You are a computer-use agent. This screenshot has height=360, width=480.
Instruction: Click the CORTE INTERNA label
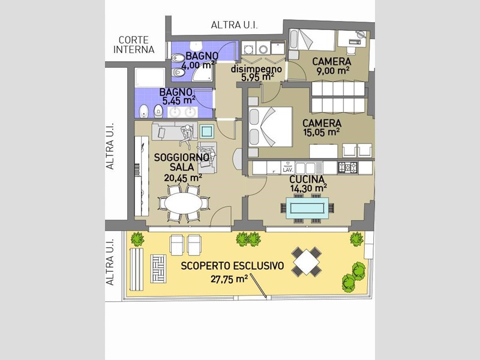(136, 45)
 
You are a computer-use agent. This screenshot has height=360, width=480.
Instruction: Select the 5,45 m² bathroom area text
(176, 101)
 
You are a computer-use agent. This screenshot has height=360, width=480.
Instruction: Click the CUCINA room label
(307, 179)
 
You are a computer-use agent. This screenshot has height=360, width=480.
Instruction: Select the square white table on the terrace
(307, 261)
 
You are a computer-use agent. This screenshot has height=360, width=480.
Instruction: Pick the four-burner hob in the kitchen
(348, 167)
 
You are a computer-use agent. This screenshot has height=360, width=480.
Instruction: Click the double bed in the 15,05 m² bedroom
(270, 126)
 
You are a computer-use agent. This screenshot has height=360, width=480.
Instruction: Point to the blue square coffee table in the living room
(208, 130)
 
